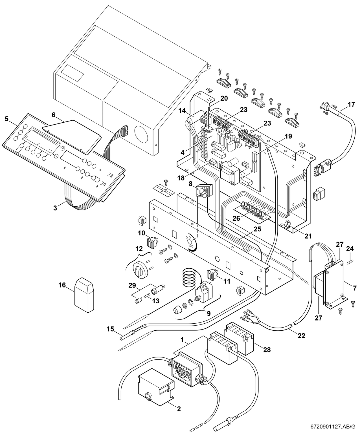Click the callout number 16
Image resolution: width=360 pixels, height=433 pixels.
[x=62, y=285]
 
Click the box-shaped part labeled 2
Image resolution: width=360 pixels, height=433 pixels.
[x=155, y=386]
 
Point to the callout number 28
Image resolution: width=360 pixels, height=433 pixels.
[x=267, y=350]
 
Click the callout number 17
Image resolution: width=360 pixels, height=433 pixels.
[x=351, y=104]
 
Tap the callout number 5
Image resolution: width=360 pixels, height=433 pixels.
[x=7, y=119]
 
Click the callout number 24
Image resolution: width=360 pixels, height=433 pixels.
[x=350, y=248]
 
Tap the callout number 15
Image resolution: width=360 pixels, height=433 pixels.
[x=110, y=329]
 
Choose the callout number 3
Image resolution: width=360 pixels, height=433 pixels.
[x=55, y=208]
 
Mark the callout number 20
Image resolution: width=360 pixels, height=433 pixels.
[x=224, y=98]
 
